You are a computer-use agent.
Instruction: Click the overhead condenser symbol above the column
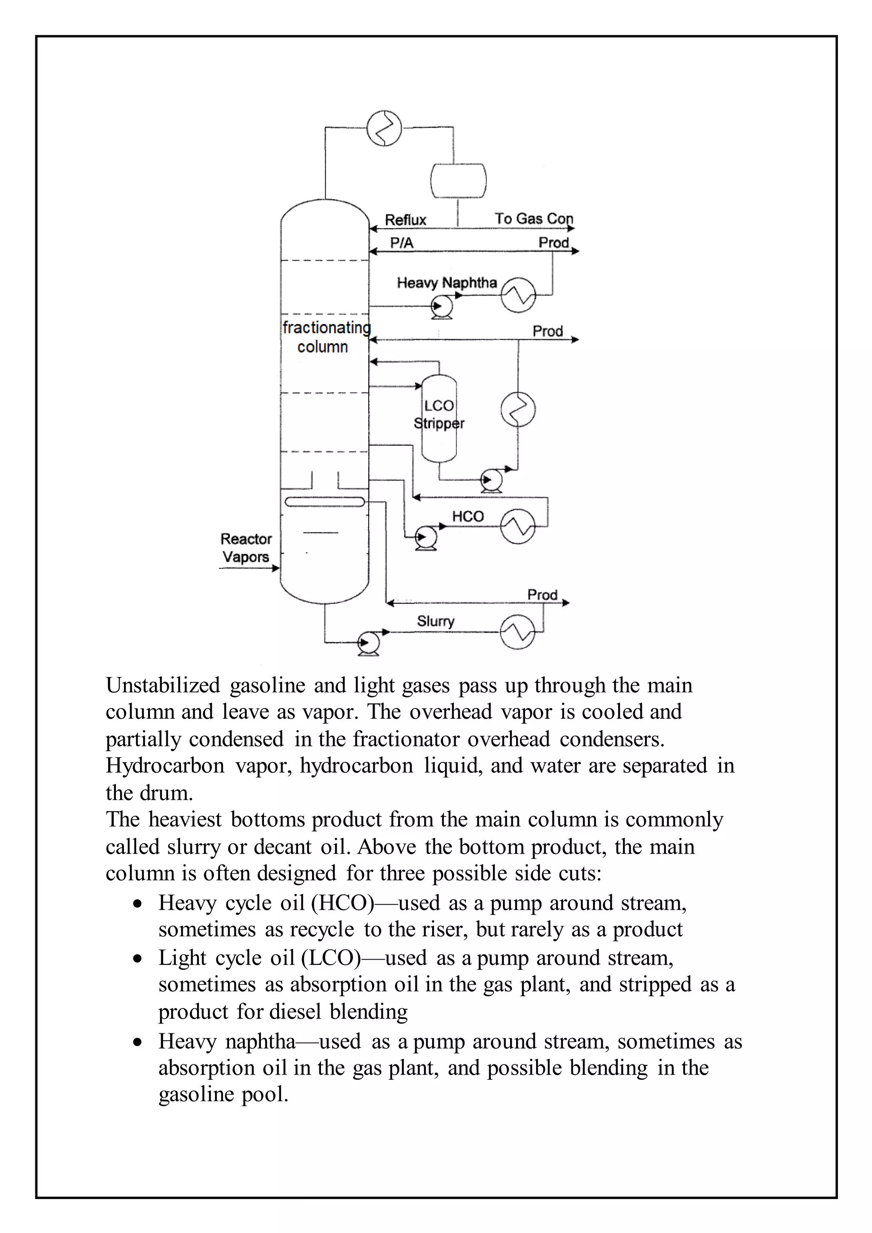click(384, 128)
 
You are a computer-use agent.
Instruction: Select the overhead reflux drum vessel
click(458, 181)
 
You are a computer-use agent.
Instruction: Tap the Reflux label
click(405, 220)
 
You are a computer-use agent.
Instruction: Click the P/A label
click(402, 243)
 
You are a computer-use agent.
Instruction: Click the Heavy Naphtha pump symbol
click(442, 307)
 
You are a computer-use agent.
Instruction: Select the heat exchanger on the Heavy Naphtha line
click(518, 295)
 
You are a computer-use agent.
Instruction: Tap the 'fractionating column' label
click(325, 337)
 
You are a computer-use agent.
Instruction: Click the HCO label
click(468, 516)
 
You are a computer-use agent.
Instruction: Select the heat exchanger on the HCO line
click(518, 526)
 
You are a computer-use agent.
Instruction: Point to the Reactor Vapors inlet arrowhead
click(276, 568)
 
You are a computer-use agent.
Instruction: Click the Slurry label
click(436, 621)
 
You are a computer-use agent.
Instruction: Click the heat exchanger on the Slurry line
click(518, 632)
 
